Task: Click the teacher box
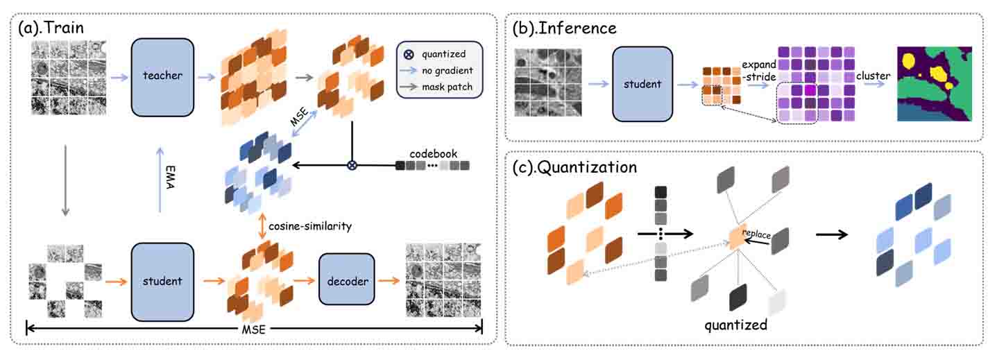tap(162, 76)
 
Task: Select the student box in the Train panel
tap(162, 281)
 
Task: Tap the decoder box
tap(346, 281)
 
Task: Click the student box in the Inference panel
tap(642, 85)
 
